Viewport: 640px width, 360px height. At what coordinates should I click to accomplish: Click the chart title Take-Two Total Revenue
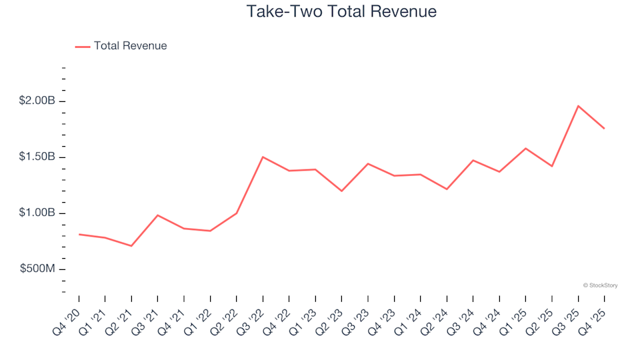(341, 11)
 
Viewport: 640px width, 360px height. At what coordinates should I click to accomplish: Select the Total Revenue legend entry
(130, 46)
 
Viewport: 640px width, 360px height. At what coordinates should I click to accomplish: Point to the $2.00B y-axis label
(38, 101)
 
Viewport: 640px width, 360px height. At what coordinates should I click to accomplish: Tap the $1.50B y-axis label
(38, 157)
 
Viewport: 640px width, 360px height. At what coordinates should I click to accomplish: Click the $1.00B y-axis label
(38, 213)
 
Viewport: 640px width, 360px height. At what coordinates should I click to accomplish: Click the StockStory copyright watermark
(600, 285)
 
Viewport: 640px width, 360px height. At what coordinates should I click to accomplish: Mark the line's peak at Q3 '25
(578, 106)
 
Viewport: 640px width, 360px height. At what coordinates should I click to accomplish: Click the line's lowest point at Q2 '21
(131, 246)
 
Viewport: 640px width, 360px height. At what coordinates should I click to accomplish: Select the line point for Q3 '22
(263, 157)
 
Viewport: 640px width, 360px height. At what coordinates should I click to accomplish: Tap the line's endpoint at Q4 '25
(604, 129)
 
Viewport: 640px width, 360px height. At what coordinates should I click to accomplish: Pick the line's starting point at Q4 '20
(79, 234)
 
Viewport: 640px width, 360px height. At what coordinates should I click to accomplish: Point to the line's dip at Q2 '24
(447, 189)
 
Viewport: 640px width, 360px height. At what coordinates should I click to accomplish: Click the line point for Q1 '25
(525, 148)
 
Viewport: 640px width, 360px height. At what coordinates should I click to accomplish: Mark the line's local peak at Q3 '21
(157, 215)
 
